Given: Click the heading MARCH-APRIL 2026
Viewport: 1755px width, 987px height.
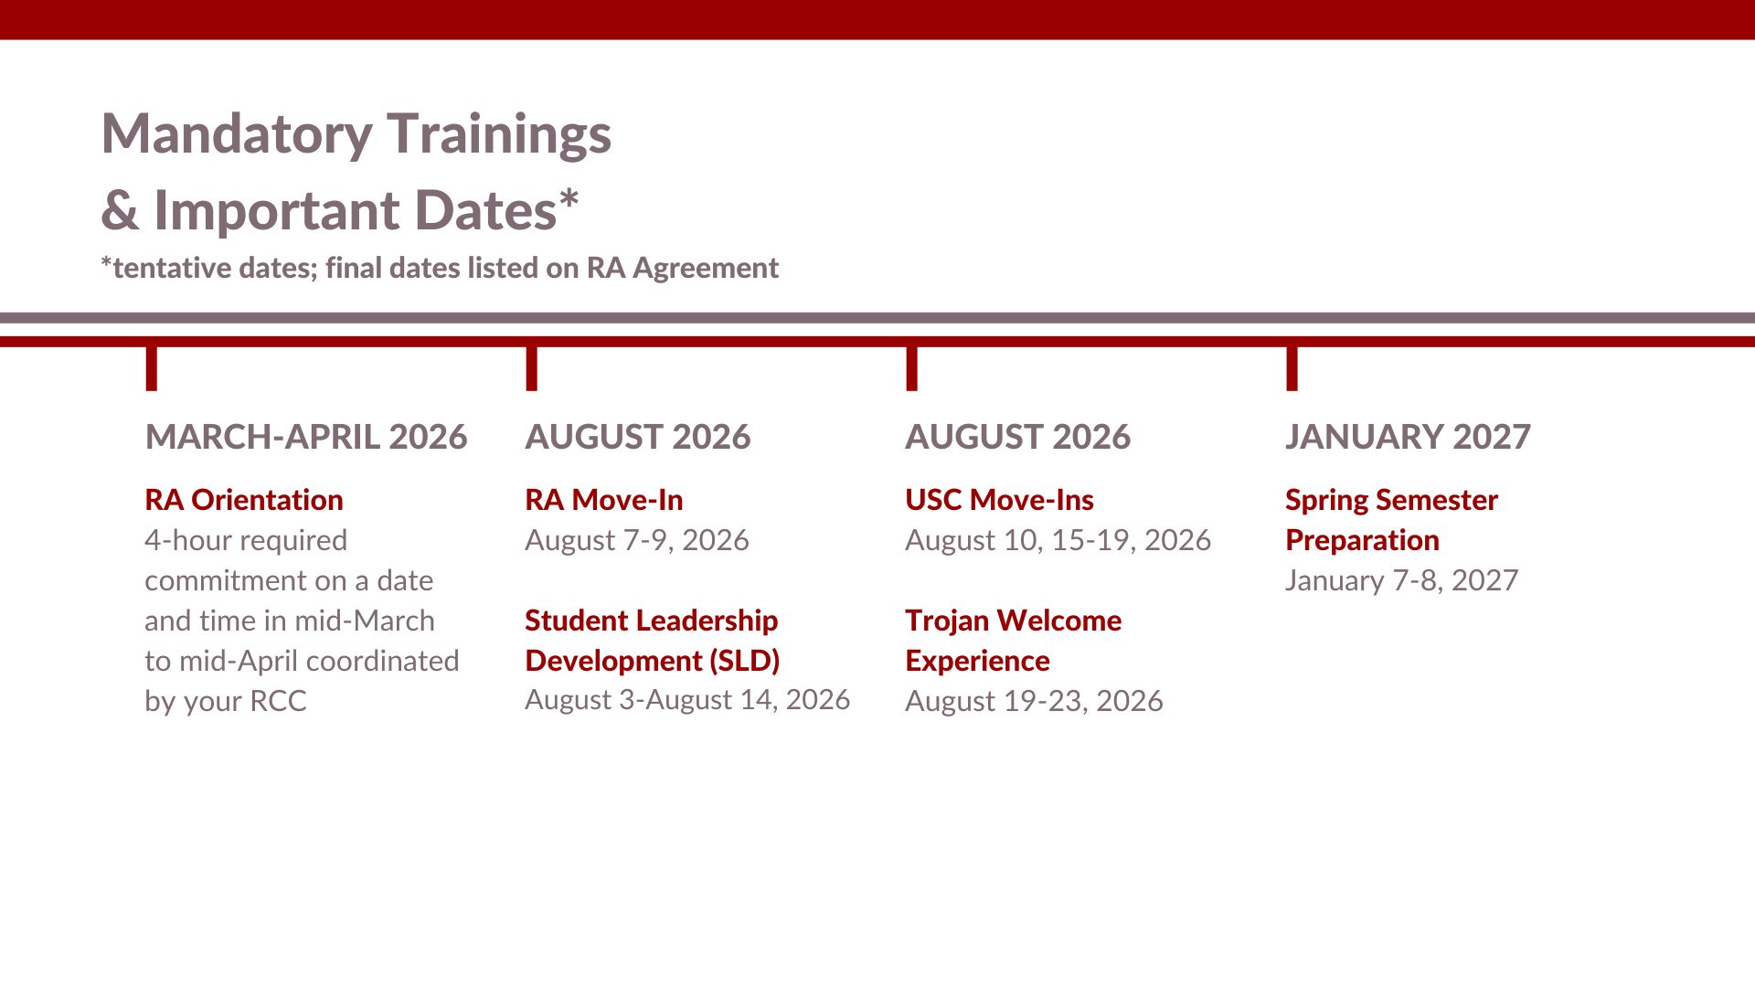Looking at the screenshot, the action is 306,437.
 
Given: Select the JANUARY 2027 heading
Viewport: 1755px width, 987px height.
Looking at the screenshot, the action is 1408,437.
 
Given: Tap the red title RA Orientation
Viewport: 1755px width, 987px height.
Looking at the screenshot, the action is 244,500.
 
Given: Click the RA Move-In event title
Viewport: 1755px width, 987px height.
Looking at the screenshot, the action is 604,500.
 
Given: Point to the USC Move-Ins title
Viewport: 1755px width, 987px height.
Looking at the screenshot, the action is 999,500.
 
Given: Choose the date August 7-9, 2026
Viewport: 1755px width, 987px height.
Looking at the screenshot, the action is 637,540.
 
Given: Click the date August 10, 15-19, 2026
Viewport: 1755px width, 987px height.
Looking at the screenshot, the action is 1058,540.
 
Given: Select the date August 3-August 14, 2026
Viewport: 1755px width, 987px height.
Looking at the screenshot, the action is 687,700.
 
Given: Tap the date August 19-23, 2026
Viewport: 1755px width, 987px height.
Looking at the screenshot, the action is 1034,701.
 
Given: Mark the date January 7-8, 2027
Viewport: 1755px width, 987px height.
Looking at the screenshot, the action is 1402,580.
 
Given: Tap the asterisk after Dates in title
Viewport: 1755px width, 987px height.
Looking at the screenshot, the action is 569,198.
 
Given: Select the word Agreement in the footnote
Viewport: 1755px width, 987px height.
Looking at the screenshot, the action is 706,268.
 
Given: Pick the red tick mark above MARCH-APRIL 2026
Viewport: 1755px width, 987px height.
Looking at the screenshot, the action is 152,368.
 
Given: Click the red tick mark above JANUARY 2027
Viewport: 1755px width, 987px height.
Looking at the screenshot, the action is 1292,368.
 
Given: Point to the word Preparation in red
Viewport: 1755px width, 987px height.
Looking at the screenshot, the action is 1362,540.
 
